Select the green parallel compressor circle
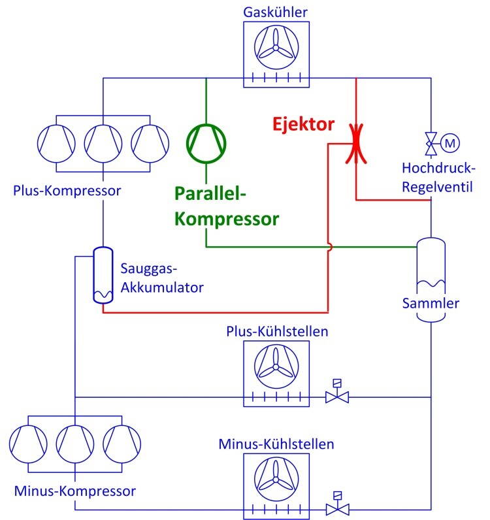[x=206, y=139]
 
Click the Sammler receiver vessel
[x=431, y=278]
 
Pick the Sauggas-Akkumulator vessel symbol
[x=103, y=275]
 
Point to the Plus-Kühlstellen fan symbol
[x=275, y=368]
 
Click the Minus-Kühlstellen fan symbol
[x=275, y=480]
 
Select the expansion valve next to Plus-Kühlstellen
[x=337, y=395]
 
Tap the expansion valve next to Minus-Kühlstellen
[x=337, y=507]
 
